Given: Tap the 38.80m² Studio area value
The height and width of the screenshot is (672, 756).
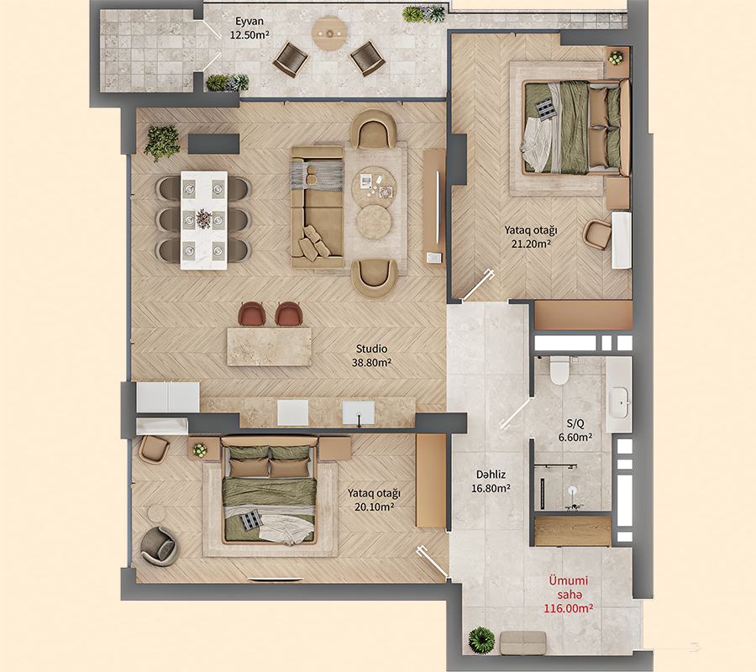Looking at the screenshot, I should point(371,363).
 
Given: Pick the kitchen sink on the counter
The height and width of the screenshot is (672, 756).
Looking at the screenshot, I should point(358,412).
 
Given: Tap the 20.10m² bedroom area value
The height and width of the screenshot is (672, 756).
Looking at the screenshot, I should point(371,507).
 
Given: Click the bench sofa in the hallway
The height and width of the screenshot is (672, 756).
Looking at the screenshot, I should point(523,643).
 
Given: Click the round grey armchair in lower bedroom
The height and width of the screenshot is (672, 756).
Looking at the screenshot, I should point(158,546).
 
